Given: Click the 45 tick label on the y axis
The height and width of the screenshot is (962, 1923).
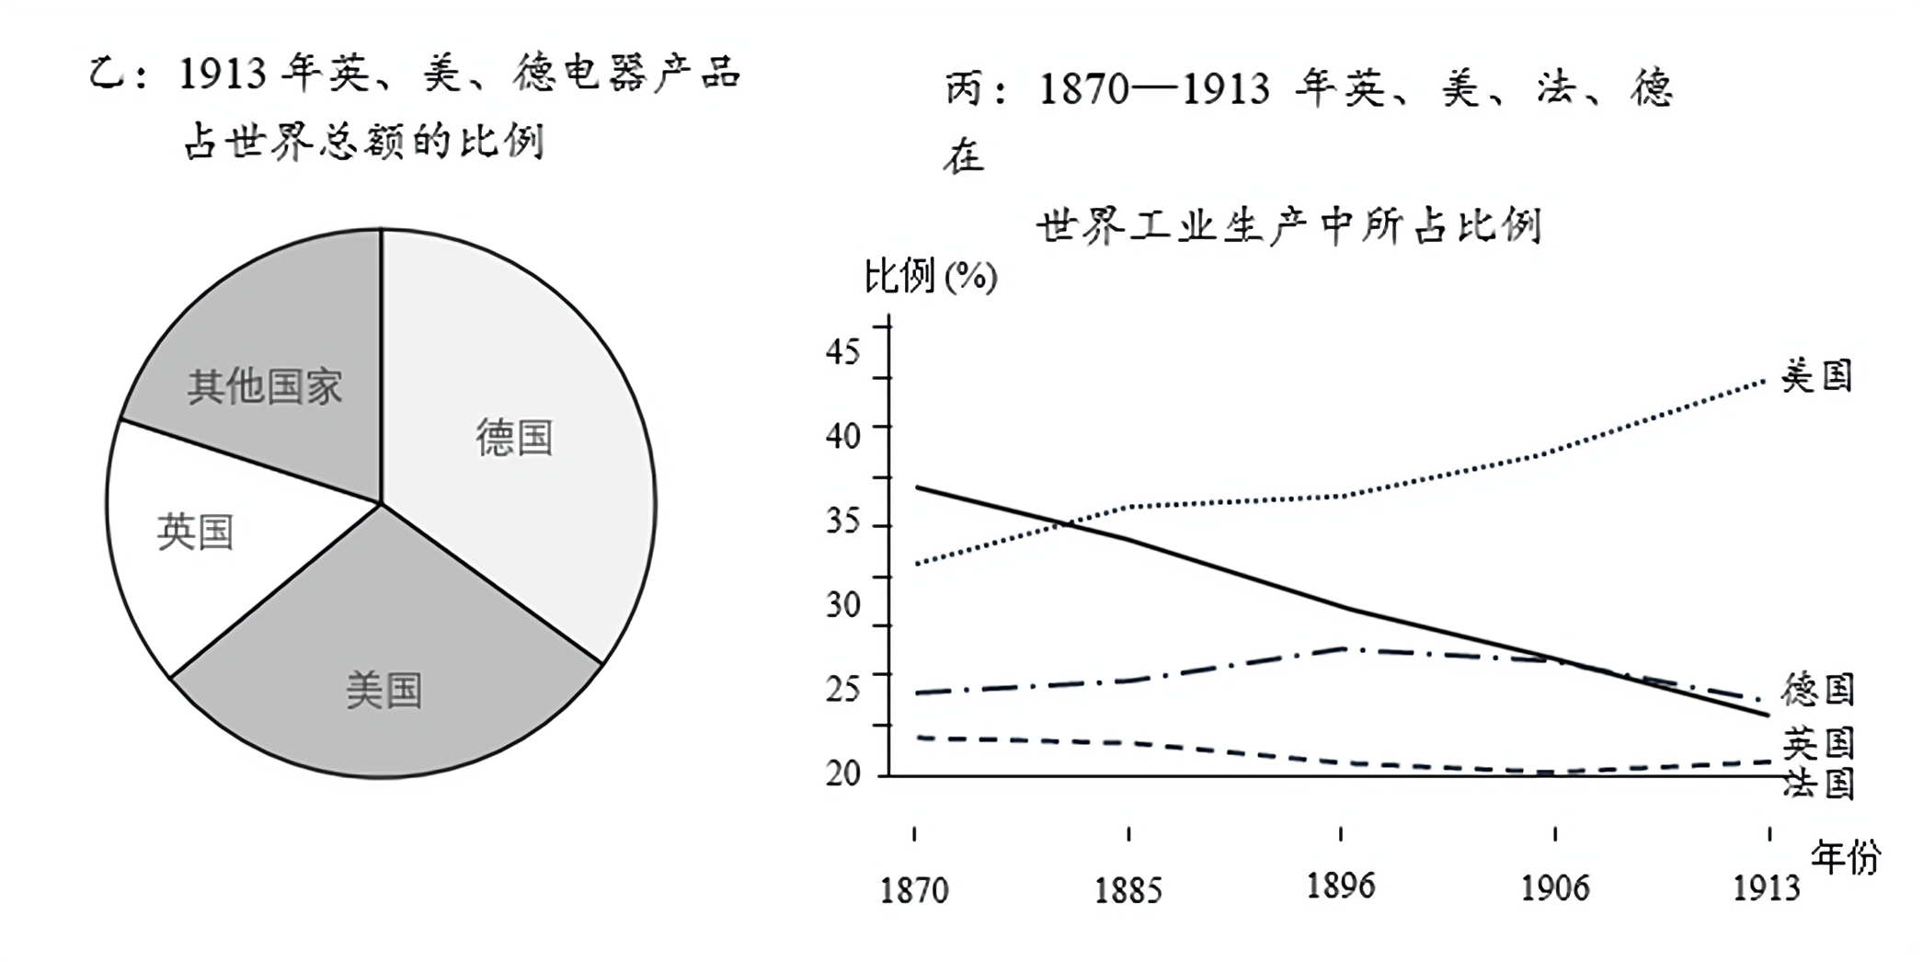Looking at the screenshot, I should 843,351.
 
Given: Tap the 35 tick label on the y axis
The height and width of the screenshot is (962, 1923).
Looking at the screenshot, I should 843,521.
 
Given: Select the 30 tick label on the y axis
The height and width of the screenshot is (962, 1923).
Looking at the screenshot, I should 843,605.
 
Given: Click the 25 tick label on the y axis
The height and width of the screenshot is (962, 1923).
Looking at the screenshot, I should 843,689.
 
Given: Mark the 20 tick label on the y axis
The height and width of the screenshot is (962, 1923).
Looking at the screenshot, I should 843,773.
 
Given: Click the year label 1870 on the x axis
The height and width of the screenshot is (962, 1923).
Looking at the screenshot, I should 914,890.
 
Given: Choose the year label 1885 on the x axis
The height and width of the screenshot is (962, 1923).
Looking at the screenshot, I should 1128,890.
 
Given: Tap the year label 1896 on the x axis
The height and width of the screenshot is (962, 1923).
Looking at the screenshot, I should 1341,886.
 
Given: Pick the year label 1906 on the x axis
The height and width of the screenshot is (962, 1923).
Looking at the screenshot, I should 1555,888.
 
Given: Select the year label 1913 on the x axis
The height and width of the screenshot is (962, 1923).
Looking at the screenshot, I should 1767,888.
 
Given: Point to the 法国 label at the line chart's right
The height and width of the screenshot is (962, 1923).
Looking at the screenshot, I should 1818,784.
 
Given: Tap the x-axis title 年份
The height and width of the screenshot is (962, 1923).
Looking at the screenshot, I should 1845,858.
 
